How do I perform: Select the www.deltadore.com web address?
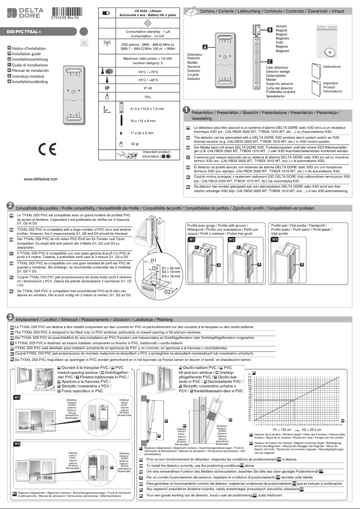click(x=41, y=179)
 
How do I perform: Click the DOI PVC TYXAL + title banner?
click(x=25, y=32)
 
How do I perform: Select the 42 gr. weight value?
click(x=135, y=144)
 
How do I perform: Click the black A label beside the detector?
click(x=205, y=47)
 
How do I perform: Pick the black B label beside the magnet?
click(x=269, y=30)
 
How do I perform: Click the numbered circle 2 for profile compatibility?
click(x=10, y=205)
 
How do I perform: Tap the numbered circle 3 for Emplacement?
click(x=10, y=318)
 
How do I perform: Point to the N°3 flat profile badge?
click(x=275, y=240)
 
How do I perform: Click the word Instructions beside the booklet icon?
click(x=332, y=66)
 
